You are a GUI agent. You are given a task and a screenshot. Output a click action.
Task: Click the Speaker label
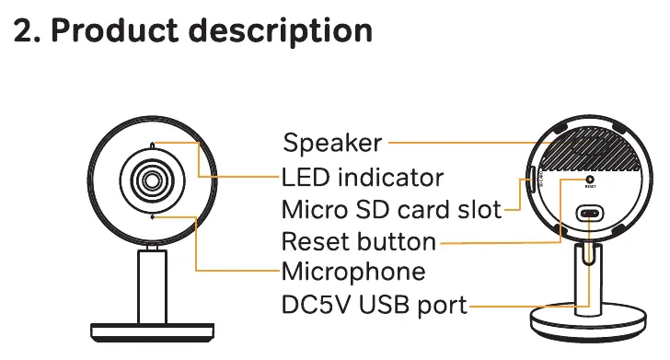pos(332,143)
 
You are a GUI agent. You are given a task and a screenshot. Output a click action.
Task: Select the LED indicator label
pos(363,177)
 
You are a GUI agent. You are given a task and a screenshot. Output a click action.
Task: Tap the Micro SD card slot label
pos(391,210)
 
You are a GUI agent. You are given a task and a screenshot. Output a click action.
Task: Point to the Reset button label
pos(359,241)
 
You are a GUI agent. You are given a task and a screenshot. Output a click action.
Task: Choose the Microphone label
pos(353,272)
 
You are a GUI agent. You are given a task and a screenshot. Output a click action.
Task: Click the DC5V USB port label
pos(375,305)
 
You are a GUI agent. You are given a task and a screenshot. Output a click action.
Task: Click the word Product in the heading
pos(114,30)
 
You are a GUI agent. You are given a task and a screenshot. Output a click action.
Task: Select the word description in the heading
pos(281,30)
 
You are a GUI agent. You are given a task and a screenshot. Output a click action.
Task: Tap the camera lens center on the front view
pos(152,180)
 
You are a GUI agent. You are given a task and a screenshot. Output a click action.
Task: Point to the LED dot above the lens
pos(153,145)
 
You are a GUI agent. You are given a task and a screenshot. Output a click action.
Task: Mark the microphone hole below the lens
pos(153,217)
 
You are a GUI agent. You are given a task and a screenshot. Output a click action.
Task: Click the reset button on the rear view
pos(590,180)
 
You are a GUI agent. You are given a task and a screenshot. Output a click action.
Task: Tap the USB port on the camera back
pos(590,213)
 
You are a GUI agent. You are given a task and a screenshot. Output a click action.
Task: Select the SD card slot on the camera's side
pos(532,180)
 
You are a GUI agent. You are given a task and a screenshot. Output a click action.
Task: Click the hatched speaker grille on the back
pos(590,149)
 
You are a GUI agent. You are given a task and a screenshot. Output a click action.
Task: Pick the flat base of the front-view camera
pos(153,332)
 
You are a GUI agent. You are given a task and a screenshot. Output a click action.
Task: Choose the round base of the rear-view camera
pos(588,323)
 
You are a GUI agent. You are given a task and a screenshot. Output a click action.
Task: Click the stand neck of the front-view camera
pos(152,286)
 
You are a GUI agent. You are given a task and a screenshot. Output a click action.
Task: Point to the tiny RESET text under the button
pos(590,187)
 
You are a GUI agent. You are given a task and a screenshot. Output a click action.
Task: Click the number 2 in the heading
pos(24,30)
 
